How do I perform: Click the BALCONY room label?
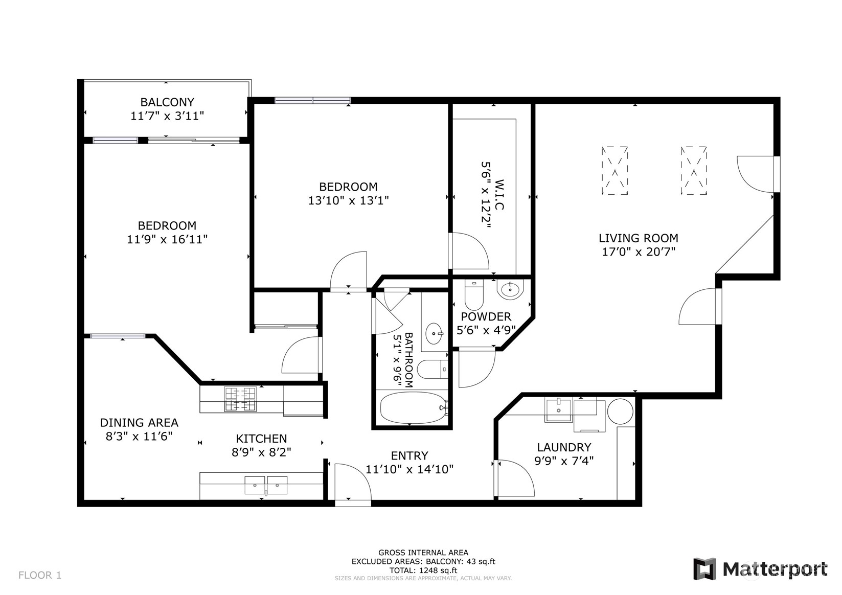167,102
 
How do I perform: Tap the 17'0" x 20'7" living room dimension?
639,251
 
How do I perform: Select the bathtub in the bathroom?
414,408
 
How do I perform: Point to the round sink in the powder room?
510,290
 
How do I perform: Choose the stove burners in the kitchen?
240,399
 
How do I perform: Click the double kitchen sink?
266,485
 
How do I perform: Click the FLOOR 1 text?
40,575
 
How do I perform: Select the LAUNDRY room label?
564,447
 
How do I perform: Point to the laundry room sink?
558,411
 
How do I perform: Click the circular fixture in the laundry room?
620,411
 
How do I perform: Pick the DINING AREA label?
139,422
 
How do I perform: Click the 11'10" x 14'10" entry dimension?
409,469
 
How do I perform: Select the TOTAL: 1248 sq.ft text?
423,570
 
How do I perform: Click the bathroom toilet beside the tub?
433,370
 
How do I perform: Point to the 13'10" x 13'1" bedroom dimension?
349,200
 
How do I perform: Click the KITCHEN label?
261,439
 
